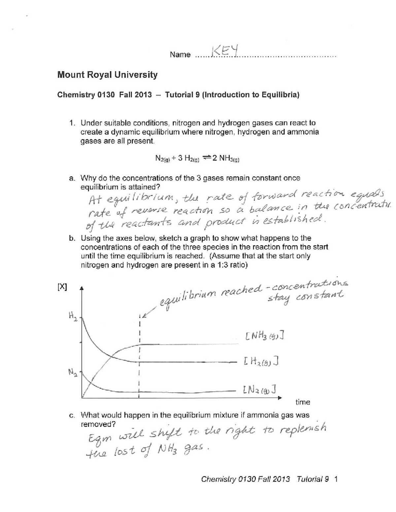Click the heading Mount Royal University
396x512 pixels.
107,75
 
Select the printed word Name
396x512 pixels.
180,55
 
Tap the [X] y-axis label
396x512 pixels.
62,286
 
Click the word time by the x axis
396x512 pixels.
303,402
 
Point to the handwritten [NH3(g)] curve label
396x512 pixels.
264,337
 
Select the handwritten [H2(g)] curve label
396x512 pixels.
261,362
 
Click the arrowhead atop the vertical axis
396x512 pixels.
82,287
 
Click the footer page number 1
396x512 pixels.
336,488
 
